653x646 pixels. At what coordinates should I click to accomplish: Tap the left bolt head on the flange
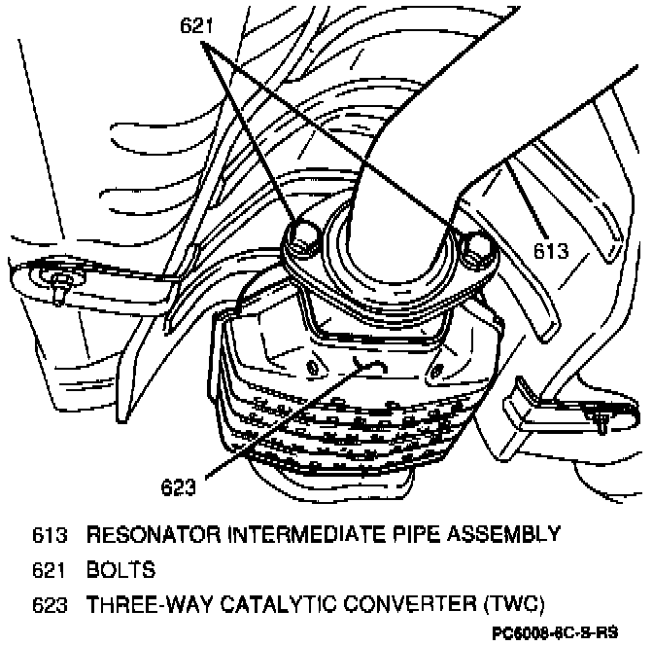pos(303,235)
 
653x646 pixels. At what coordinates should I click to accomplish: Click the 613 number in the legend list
pos(50,534)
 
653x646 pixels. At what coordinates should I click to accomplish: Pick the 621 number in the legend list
pos(50,567)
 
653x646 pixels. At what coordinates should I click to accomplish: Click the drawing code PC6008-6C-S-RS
pos(568,631)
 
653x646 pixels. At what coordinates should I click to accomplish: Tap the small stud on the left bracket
pos(61,285)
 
